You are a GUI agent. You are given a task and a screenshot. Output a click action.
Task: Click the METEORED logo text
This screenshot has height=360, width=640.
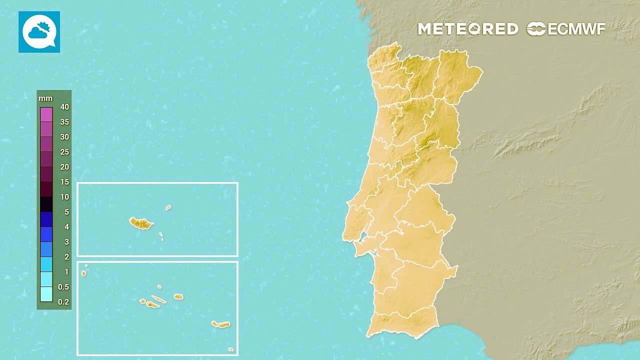468,29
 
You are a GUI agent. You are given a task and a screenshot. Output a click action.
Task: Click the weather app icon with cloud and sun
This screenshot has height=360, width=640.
39,32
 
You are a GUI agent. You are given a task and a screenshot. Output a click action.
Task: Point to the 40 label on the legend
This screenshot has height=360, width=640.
64,107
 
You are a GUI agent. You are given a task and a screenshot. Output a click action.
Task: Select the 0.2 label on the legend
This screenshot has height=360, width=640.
64,302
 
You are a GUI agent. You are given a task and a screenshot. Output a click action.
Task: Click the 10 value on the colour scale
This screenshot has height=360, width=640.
64,197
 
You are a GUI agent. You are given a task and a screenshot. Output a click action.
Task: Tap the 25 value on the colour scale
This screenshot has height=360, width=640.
64,152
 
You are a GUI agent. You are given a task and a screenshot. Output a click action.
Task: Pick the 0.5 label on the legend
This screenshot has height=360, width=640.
64,287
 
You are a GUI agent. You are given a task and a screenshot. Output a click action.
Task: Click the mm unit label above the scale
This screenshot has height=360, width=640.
45,98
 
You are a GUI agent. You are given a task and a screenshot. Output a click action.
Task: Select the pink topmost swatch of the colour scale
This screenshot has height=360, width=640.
46,114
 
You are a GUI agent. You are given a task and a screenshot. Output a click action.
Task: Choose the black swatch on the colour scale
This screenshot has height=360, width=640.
46,204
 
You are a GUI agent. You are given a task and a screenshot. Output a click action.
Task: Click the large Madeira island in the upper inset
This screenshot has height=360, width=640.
140,223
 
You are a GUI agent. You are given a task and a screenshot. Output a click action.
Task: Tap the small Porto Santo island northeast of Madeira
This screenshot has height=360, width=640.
168,207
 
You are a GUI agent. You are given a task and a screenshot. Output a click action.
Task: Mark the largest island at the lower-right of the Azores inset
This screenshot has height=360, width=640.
220,324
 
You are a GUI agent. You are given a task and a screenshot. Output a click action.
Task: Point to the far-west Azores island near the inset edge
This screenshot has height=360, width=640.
83,273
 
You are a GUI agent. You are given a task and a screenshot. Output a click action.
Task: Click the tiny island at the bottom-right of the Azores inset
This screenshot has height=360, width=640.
230,349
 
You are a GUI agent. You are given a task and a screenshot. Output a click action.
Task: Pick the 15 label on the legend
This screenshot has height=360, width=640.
64,182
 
